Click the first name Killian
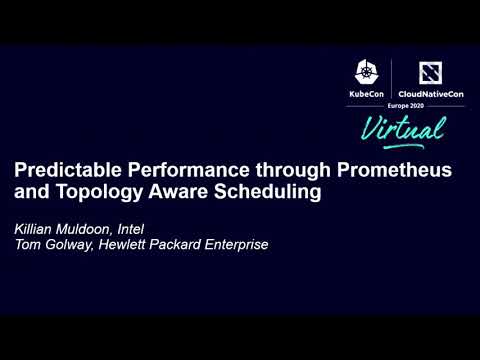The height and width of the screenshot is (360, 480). (x=35, y=225)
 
